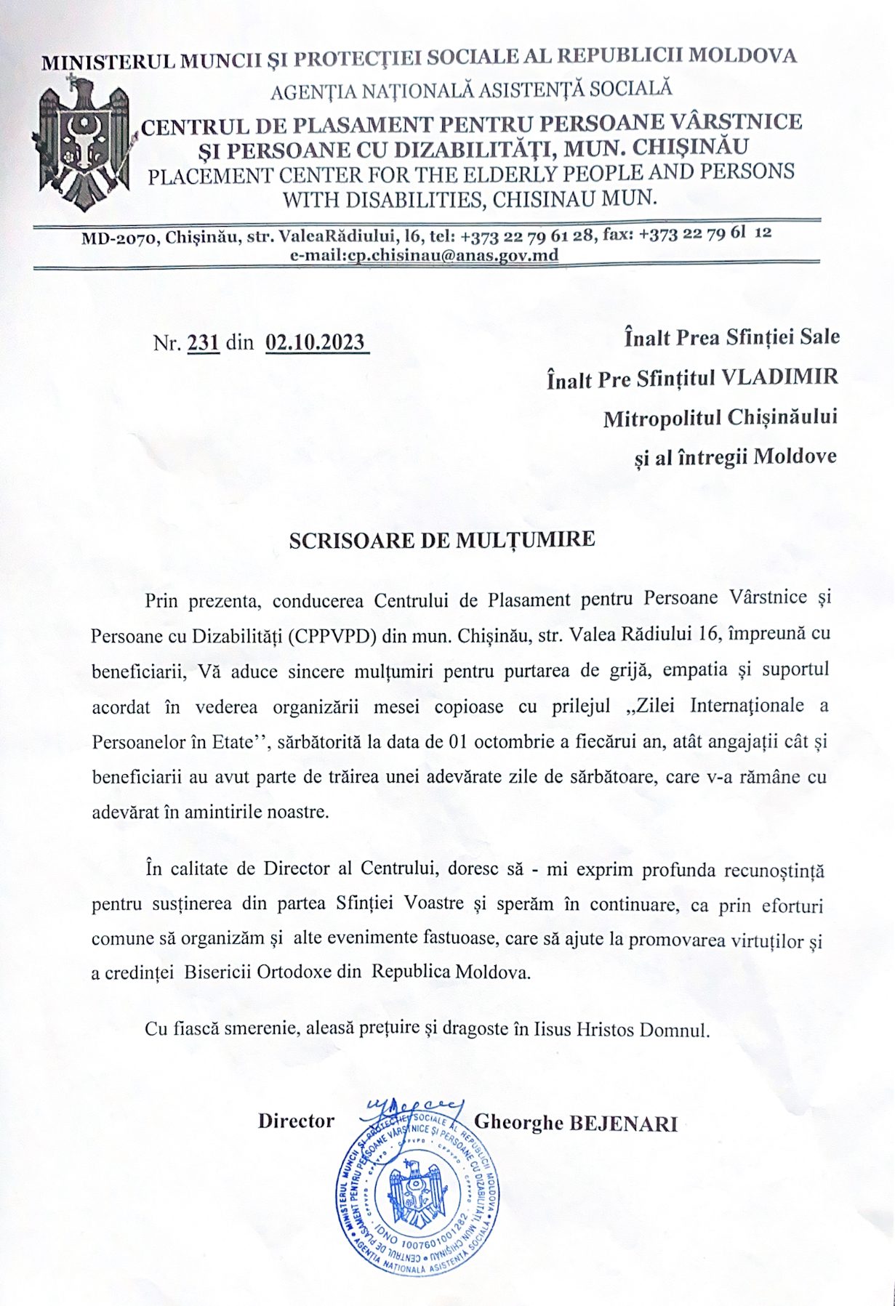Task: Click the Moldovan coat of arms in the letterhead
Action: coord(84,145)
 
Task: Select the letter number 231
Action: coord(204,342)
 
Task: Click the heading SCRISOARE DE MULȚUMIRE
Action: coord(442,540)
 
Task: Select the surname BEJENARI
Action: coord(623,1124)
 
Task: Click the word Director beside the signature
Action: coord(296,1121)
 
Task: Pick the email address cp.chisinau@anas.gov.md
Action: coord(443,255)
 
